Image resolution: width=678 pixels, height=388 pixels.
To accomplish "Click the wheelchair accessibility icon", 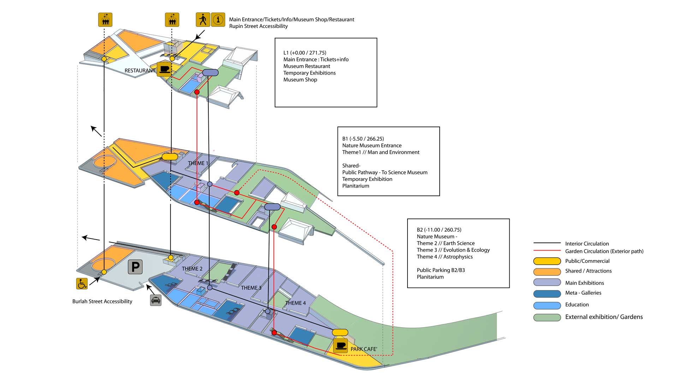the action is pyautogui.click(x=82, y=284).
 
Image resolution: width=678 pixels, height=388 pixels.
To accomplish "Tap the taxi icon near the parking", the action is pyautogui.click(x=156, y=300).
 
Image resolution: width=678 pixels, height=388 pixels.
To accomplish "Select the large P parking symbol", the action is pyautogui.click(x=135, y=267).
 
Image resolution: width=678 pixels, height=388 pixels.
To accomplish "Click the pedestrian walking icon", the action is pyautogui.click(x=203, y=19).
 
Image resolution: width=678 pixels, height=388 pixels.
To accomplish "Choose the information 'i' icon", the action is pyautogui.click(x=218, y=19).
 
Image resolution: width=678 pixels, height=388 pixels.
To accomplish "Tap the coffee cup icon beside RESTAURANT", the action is pyautogui.click(x=164, y=69).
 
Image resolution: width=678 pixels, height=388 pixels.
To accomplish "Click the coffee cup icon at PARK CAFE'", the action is pyautogui.click(x=341, y=346).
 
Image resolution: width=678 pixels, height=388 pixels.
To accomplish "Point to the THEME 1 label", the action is pyautogui.click(x=198, y=163).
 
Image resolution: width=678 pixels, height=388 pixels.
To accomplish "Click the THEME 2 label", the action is pyautogui.click(x=192, y=269).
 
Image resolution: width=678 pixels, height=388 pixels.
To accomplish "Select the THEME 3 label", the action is pyautogui.click(x=251, y=288).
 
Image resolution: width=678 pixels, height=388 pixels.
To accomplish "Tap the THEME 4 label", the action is pyautogui.click(x=296, y=303).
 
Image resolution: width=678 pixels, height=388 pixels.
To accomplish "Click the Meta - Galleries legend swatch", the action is pyautogui.click(x=547, y=294).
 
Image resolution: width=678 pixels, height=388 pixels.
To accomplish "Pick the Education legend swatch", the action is pyautogui.click(x=547, y=305).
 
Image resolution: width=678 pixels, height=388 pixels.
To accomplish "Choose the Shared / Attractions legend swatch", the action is pyautogui.click(x=547, y=272).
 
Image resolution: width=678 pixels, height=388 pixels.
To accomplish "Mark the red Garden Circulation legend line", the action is pyautogui.click(x=547, y=251).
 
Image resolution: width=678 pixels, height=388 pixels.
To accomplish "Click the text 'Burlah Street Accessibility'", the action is pyautogui.click(x=102, y=301).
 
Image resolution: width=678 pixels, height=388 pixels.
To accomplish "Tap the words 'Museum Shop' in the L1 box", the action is pyautogui.click(x=300, y=80).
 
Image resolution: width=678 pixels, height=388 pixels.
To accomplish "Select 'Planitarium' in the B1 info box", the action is pyautogui.click(x=356, y=186).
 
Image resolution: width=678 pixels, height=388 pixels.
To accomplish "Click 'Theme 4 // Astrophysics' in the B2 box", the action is pyautogui.click(x=445, y=257).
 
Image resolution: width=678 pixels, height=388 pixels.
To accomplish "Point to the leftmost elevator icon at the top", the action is pyautogui.click(x=105, y=20).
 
